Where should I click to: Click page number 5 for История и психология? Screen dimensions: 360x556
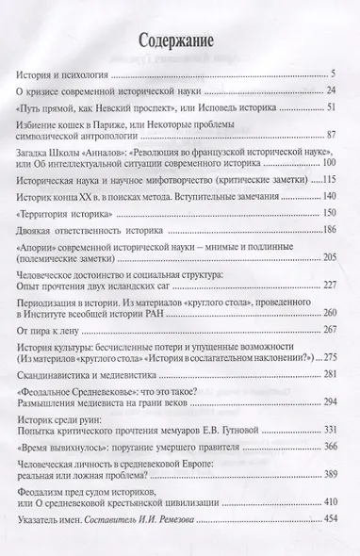click(335, 73)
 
